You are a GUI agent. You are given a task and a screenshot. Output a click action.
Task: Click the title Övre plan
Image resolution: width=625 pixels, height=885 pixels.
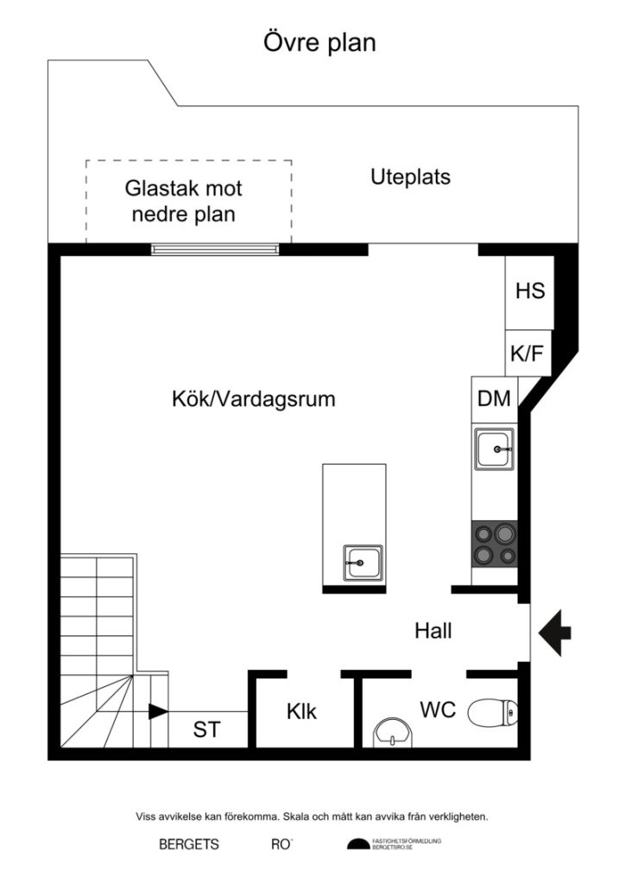319,42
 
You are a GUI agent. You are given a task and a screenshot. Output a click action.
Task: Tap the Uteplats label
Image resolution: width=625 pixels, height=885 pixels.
411,177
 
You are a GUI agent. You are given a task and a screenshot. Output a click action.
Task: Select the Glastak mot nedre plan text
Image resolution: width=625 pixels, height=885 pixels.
184,201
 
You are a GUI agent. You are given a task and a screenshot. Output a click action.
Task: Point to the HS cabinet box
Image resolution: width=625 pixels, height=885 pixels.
529,291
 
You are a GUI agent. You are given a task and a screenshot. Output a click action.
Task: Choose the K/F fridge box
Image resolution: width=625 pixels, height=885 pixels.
527,353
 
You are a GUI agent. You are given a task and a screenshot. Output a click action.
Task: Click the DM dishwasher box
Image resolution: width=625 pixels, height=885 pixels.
494,398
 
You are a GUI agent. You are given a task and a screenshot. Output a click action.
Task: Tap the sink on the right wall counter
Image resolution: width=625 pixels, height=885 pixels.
494,449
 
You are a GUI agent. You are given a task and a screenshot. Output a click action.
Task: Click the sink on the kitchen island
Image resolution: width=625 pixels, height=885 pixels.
364,564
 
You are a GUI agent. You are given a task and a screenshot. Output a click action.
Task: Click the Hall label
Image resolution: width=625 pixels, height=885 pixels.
433,631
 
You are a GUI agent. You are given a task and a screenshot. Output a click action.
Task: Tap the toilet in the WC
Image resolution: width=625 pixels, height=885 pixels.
493,713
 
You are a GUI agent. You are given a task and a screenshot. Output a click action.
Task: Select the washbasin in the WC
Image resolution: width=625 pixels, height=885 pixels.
393,733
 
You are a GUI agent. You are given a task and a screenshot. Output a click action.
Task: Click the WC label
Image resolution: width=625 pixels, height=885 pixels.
438,710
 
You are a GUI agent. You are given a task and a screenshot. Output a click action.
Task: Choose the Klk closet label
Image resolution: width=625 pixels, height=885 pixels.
301,712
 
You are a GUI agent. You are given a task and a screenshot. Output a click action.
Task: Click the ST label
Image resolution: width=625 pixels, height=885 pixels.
205,730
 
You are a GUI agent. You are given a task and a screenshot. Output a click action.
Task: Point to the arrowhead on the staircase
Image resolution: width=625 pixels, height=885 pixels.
158,712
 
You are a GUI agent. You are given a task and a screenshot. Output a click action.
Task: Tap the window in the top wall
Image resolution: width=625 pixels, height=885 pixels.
216,249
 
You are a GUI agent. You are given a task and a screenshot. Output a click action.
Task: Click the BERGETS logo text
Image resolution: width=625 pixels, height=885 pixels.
188,844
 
